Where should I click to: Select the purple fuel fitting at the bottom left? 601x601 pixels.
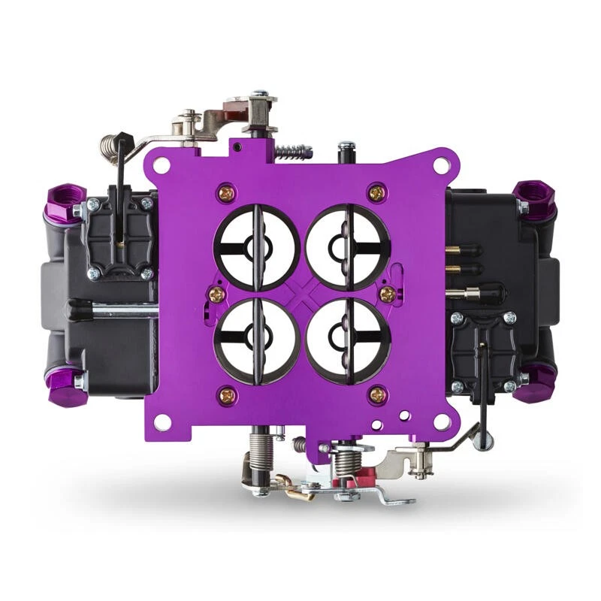point(62,382)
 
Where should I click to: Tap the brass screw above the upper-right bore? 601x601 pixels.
point(376,193)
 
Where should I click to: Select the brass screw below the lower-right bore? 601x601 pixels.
point(378,394)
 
